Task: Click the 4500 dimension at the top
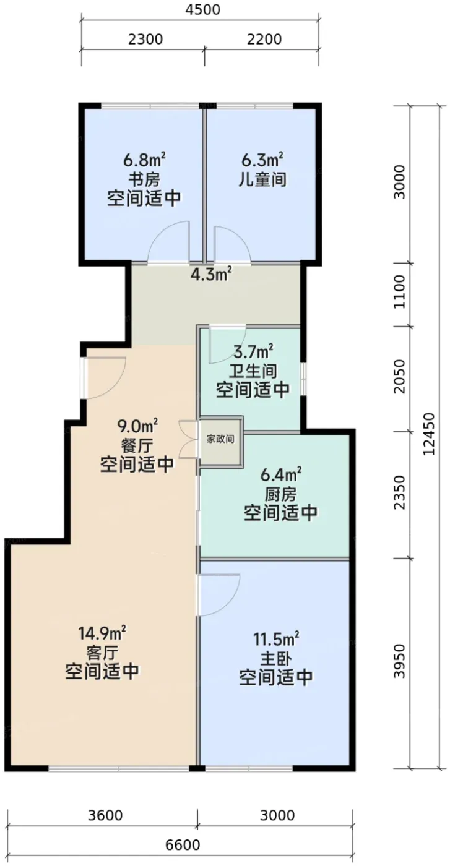202,9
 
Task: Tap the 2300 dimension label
145,40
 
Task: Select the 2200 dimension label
264,40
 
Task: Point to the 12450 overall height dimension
429,434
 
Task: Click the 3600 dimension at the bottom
105,816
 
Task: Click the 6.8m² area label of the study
144,160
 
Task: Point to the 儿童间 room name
262,180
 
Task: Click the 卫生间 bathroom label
253,371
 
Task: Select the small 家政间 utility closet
220,440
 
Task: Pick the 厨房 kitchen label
281,494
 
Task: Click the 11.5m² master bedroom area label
276,640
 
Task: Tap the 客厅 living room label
102,654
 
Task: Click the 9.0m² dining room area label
137,427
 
